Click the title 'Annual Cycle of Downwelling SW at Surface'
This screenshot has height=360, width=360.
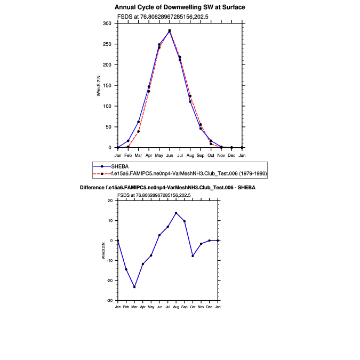[x=180, y=7]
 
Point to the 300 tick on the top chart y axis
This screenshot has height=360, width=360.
[x=107, y=24]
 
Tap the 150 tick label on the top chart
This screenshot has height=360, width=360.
[x=107, y=86]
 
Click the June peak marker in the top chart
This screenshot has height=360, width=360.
[x=170, y=31]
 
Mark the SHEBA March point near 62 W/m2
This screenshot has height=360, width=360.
[x=138, y=122]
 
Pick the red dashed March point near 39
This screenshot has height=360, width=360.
[x=138, y=131]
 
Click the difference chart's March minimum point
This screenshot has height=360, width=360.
[x=134, y=287]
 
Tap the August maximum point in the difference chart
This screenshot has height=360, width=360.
[x=176, y=213]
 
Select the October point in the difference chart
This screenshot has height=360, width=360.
[x=193, y=256]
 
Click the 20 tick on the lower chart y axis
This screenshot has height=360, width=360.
[x=110, y=201]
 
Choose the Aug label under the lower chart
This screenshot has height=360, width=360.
[x=176, y=307]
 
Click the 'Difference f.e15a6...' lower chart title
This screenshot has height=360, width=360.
[x=167, y=188]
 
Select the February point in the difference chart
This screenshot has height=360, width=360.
[x=126, y=269]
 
